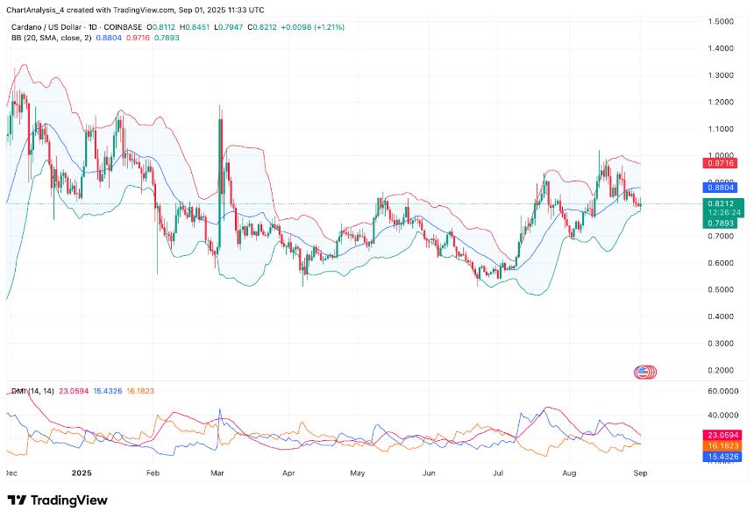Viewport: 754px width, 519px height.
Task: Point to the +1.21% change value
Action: (x=328, y=27)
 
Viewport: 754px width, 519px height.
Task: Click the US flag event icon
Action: (x=643, y=372)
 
